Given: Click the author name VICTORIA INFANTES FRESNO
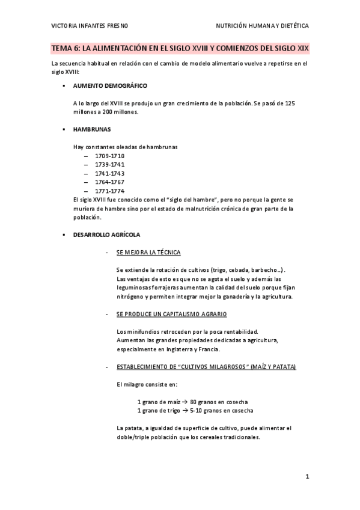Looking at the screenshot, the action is (x=90, y=26).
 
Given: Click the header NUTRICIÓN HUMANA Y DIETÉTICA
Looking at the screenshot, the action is (x=263, y=26).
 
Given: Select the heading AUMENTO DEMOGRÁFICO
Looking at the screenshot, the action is (x=110, y=86).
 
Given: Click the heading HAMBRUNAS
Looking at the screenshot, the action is (x=91, y=129).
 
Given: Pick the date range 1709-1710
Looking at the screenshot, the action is (x=109, y=155).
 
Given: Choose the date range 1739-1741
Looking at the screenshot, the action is (x=109, y=164).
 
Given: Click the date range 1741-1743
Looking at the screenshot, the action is (x=109, y=173).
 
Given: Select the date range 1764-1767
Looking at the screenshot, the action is (x=109, y=182).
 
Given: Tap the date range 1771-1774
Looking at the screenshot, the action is (x=109, y=191).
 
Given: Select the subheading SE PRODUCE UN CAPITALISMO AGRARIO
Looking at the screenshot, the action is (x=171, y=315).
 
